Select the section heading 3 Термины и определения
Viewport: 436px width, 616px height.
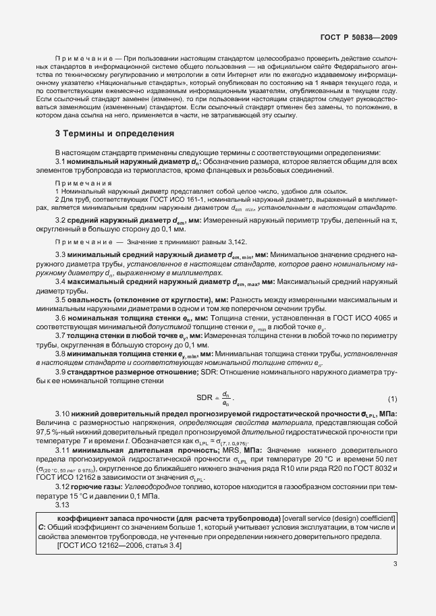(x=115, y=134)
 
